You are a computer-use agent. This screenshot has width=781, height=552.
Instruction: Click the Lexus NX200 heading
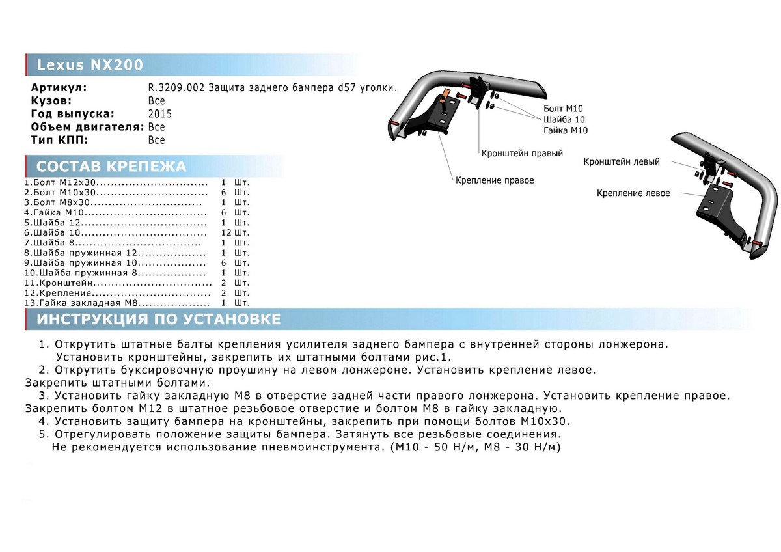click(90, 65)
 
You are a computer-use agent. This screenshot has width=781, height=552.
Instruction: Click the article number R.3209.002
click(177, 88)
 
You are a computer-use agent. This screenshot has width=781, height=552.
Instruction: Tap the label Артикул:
click(58, 88)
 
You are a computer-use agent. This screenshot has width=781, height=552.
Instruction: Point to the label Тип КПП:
click(59, 140)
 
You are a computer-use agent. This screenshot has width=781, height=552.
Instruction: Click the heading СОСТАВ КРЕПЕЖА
click(111, 166)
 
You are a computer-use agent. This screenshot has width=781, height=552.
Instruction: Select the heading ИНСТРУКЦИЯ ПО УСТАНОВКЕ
click(159, 320)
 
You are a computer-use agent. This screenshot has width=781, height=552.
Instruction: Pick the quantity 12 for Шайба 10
click(226, 232)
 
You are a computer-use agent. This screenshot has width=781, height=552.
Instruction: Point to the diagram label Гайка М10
click(566, 130)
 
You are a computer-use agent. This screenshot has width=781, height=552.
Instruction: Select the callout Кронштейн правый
click(522, 153)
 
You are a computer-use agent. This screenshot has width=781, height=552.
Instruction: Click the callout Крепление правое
click(495, 180)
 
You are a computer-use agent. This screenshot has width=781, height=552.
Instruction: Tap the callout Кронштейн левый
click(622, 161)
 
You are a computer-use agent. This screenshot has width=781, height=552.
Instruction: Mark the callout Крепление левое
click(633, 193)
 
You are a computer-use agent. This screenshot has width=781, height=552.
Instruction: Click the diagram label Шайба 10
click(564, 119)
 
